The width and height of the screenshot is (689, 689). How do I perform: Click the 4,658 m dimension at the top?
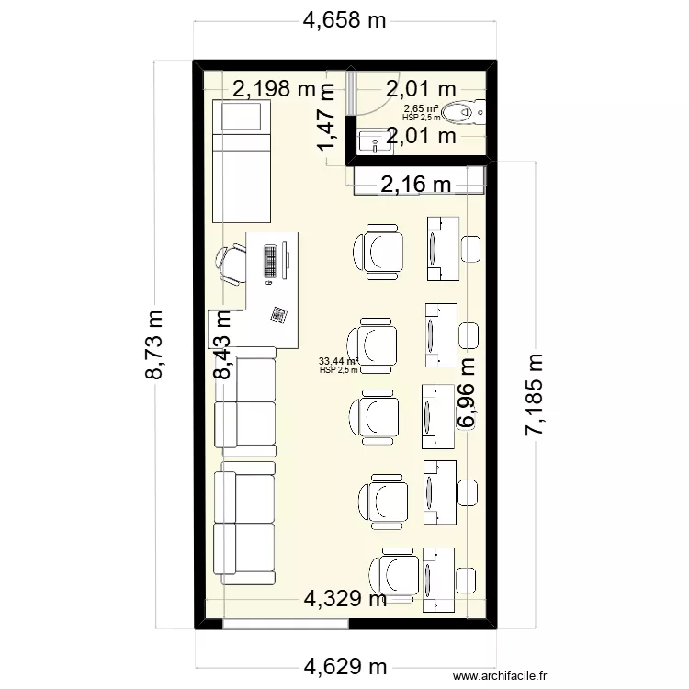[x=344, y=21]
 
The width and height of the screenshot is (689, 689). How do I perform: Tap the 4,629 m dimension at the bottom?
[x=344, y=666]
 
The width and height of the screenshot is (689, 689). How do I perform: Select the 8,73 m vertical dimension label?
[x=155, y=344]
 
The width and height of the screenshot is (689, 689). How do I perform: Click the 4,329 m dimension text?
[x=345, y=600]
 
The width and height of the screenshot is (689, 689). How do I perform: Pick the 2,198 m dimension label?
[x=273, y=89]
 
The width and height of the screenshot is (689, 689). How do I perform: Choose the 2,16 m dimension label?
[x=415, y=184]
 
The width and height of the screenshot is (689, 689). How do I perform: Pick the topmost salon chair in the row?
[x=378, y=251]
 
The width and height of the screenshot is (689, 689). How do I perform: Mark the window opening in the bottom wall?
[x=286, y=624]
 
